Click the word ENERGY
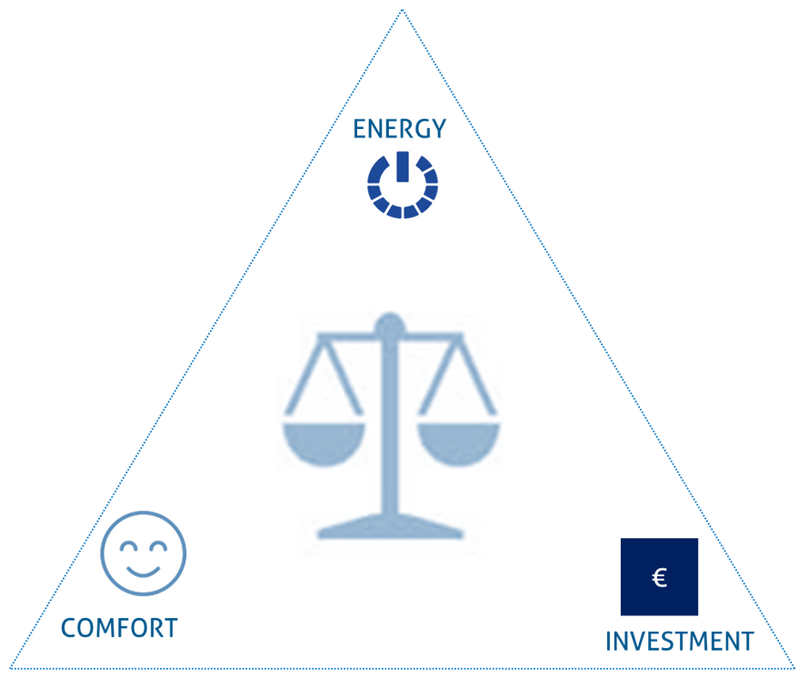(x=399, y=129)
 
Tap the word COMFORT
(x=120, y=628)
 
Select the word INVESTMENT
(x=680, y=642)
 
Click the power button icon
(x=403, y=185)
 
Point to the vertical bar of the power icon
(x=403, y=166)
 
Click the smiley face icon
(x=144, y=554)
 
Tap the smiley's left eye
(x=128, y=546)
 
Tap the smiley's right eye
(x=157, y=546)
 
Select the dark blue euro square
(x=659, y=577)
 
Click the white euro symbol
(x=660, y=577)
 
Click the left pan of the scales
(x=324, y=443)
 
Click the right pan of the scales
(x=458, y=443)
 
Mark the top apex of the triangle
(x=403, y=10)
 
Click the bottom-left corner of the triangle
(x=10, y=668)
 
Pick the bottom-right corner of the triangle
(x=794, y=668)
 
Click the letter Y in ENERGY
(x=438, y=129)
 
